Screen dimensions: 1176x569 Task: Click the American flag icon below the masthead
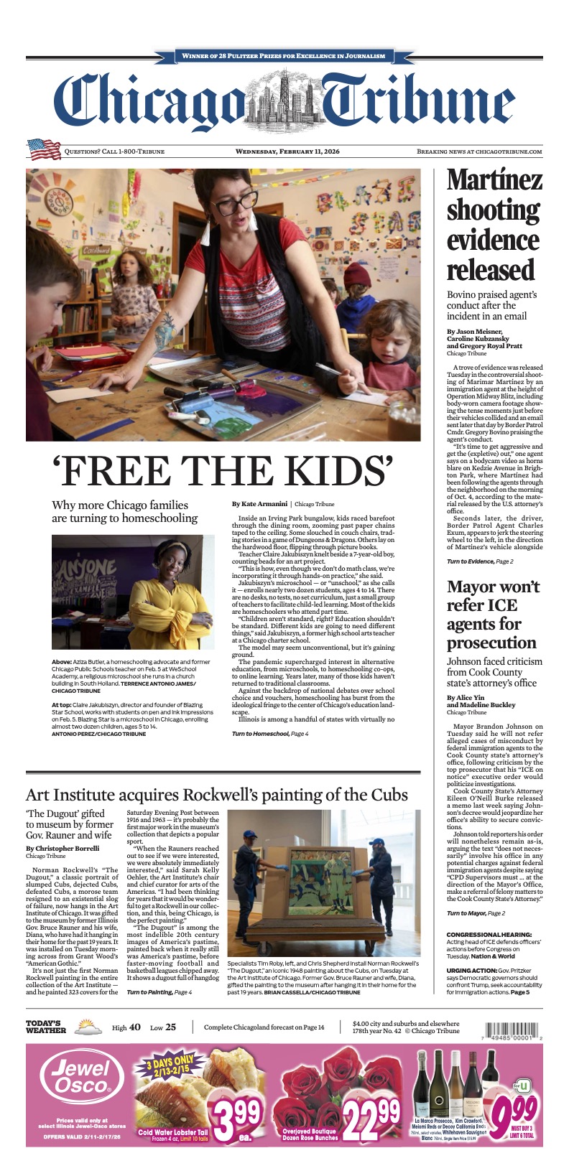(44, 149)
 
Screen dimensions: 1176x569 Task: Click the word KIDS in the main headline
(326, 472)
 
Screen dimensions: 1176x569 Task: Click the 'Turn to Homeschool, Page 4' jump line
(270, 733)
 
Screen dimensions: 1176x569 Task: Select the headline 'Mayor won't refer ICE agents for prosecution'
(493, 614)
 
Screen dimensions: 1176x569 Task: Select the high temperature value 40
(135, 1027)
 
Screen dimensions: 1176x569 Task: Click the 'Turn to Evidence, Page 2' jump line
(480, 560)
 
